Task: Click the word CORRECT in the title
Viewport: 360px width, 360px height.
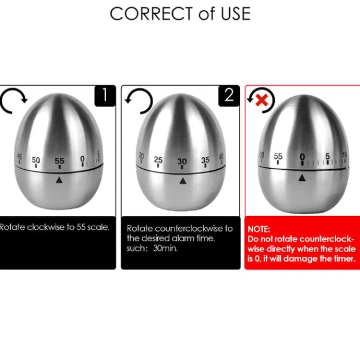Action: coord(151,14)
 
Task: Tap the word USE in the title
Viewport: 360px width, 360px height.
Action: coord(235,14)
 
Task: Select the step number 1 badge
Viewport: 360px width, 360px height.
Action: coord(105,95)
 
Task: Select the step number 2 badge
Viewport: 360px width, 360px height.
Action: coord(229,95)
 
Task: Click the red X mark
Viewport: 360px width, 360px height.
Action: coord(262,100)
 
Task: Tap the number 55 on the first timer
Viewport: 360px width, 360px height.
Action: coord(59,161)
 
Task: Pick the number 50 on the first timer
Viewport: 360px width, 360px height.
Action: coord(36,160)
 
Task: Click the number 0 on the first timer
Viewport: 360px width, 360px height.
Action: coord(82,158)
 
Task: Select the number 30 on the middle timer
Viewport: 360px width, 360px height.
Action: coord(182,161)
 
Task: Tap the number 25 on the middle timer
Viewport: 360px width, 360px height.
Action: coord(158,160)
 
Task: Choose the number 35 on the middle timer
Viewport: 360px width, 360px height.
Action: coord(205,160)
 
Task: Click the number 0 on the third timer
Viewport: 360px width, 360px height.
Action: coord(302,157)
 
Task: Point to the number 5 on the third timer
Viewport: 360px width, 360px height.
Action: coord(328,156)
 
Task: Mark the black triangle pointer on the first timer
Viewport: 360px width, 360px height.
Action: coord(59,180)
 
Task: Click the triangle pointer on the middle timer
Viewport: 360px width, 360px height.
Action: coord(183,181)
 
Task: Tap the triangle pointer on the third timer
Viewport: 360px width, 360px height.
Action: coord(302,178)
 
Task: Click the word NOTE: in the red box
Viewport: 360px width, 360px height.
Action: coord(259,229)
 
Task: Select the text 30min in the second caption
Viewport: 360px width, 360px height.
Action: coord(166,248)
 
